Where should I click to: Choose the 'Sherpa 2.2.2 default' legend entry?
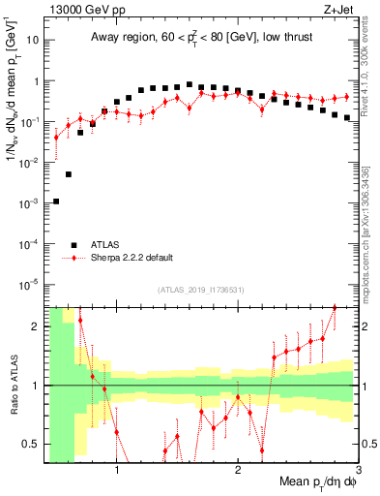132,259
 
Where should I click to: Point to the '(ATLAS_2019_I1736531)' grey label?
201,289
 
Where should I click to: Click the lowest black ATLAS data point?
56,201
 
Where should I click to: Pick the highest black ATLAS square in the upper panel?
190,85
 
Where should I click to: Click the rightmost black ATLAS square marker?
347,117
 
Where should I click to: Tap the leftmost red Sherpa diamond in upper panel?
56,137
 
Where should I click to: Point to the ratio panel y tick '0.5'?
31,445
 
